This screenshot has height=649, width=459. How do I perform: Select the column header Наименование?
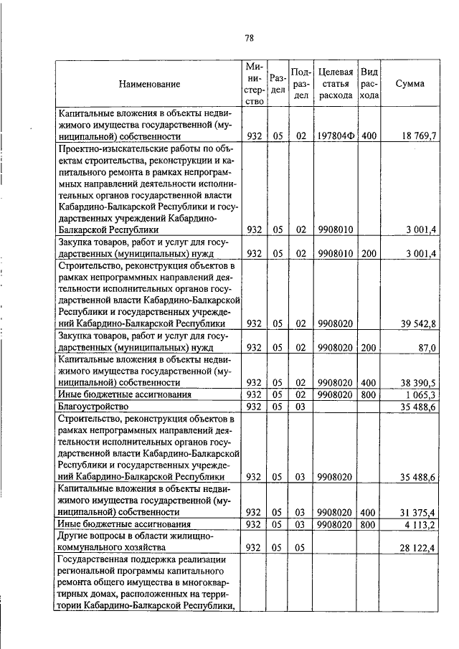(149, 84)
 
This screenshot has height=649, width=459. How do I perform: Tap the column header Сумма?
(410, 83)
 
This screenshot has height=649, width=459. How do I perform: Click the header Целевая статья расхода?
(336, 84)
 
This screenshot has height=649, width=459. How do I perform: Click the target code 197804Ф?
(336, 136)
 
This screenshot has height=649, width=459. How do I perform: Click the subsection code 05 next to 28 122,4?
(301, 548)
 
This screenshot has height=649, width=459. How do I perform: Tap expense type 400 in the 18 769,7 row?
(369, 136)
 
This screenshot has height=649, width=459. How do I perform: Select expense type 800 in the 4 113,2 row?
(369, 524)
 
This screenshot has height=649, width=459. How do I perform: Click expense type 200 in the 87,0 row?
(369, 347)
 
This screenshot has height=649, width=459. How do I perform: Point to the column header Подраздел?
(301, 84)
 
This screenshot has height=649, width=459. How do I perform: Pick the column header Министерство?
(254, 84)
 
